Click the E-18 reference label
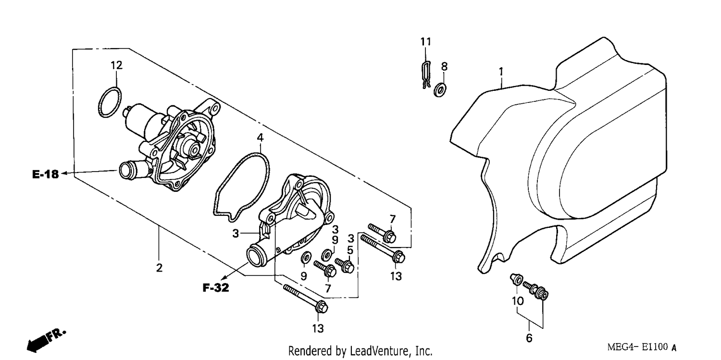[x=45, y=174]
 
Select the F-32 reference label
[x=216, y=287]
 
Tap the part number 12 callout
[x=116, y=65]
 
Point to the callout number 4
[x=260, y=137]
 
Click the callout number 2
[x=159, y=268]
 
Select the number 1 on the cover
[x=501, y=72]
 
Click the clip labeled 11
[x=426, y=75]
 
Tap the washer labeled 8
[x=440, y=90]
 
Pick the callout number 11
[x=425, y=41]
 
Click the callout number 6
[x=529, y=338]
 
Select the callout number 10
[x=518, y=301]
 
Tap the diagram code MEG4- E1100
[x=637, y=347]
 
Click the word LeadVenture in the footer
[x=379, y=350]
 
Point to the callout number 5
[x=350, y=250]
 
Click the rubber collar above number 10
[x=516, y=279]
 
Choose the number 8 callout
[x=444, y=67]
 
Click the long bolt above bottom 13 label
[x=305, y=298]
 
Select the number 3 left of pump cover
[x=236, y=234]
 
